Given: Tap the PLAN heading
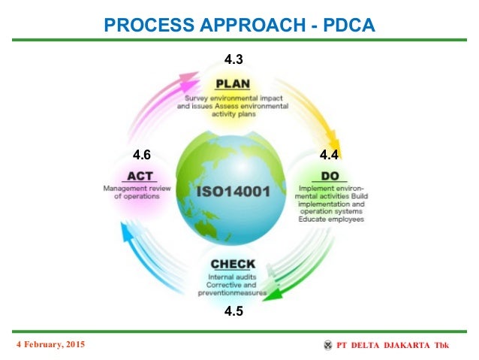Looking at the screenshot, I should (233, 83).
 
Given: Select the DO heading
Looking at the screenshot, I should (330, 174).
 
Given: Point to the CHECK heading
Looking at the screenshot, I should (233, 265).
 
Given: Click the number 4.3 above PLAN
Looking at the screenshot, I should (233, 58).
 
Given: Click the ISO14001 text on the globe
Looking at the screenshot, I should (234, 192).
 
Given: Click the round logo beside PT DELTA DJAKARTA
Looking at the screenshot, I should (328, 345).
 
